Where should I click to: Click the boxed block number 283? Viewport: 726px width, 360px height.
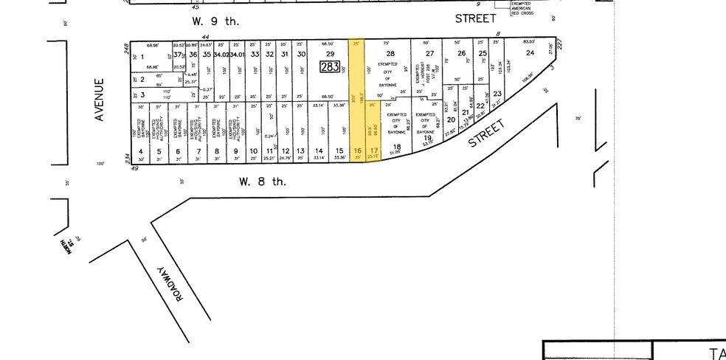click(x=329, y=67)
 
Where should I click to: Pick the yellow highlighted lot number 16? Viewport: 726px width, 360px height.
click(x=357, y=150)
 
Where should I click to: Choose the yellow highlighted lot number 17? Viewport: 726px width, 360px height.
click(x=373, y=150)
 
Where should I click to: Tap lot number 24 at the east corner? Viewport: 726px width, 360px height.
click(x=530, y=53)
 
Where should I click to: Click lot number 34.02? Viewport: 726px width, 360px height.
click(x=221, y=55)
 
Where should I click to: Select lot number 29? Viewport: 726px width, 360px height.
click(x=330, y=54)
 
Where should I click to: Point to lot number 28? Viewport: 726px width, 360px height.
click(x=390, y=53)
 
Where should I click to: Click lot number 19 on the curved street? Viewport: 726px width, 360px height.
click(x=426, y=138)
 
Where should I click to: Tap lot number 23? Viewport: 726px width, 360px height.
click(x=497, y=93)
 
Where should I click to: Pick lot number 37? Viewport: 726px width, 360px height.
click(x=177, y=54)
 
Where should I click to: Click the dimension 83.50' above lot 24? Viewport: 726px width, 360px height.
click(x=528, y=42)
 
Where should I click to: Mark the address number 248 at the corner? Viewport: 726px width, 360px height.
click(x=127, y=48)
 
